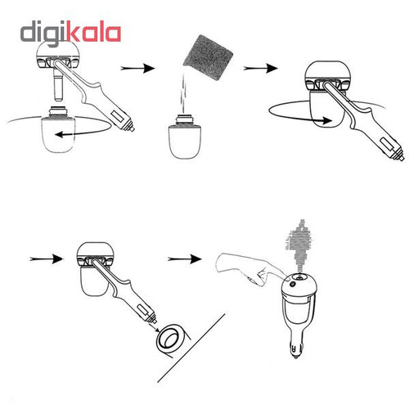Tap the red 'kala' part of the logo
pyautogui.click(x=95, y=34)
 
